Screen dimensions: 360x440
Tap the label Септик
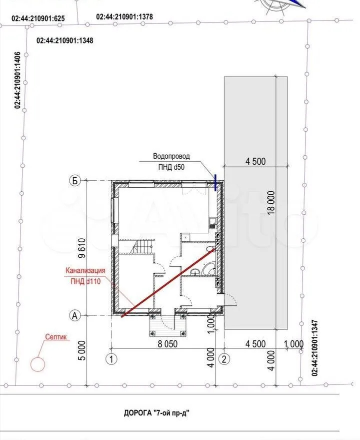tap(56, 337)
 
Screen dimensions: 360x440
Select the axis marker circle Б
tap(75, 181)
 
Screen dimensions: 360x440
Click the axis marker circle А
tap(75, 315)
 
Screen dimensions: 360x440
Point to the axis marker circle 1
tap(111, 359)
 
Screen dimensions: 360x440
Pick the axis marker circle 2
tap(224, 359)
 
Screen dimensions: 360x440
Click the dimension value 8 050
tap(167, 344)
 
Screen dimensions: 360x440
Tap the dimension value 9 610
tap(81, 248)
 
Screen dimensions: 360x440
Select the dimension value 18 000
tap(271, 203)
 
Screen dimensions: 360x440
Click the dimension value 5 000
tap(81, 350)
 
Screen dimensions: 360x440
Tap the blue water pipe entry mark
tap(215, 182)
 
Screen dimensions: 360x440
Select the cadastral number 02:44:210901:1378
tap(124, 17)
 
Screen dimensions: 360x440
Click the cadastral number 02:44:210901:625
tap(38, 18)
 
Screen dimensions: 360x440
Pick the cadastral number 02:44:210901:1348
tap(65, 41)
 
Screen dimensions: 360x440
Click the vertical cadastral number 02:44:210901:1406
tap(17, 80)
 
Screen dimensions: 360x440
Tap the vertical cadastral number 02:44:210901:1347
tap(314, 347)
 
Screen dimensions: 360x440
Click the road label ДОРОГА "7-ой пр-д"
tap(158, 413)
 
